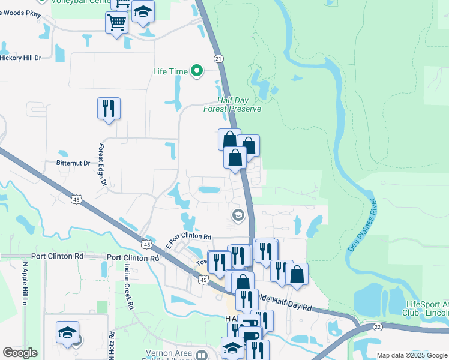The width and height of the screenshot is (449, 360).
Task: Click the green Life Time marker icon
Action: click(196, 71)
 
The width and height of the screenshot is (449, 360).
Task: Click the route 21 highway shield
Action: click(218, 58)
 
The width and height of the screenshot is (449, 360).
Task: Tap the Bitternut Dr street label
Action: click(73, 163)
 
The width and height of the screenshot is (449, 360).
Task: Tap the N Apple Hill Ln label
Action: click(25, 284)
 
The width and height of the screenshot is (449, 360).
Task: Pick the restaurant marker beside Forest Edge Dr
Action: click(109, 109)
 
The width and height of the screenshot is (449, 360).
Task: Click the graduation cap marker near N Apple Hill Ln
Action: click(68, 332)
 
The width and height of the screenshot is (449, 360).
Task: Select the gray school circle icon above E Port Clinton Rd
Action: click(238, 215)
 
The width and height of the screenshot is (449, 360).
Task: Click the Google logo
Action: click(20, 353)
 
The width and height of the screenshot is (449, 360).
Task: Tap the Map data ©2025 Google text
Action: click(411, 355)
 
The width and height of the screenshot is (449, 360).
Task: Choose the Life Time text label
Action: click(170, 71)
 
